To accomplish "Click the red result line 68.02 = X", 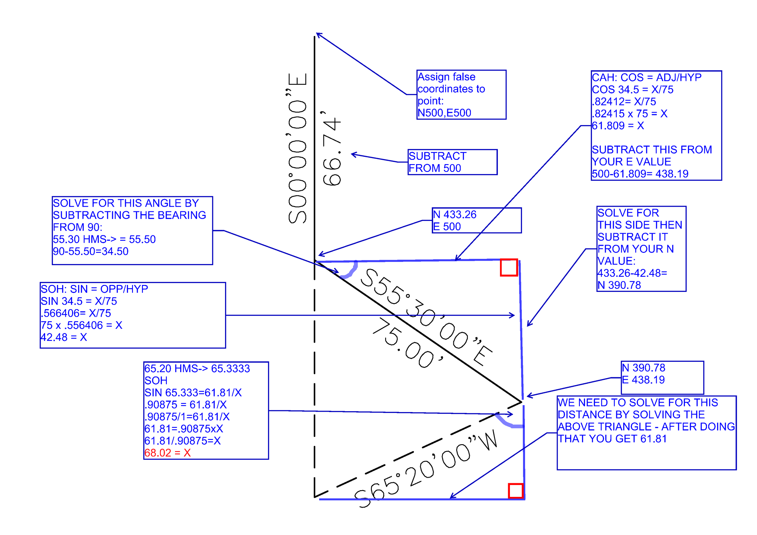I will point(167,453).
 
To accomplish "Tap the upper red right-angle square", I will point(509,267).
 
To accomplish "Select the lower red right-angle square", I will point(516,491).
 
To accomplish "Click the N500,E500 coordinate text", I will point(444,113).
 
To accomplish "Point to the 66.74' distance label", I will point(332,148).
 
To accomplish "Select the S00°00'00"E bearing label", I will point(297,148).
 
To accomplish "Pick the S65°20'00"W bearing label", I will point(425,468).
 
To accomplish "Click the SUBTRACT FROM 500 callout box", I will point(452,162).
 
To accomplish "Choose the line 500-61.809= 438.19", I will point(640,174).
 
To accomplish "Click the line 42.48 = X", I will point(64,337).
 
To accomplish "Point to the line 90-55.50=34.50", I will point(91,252).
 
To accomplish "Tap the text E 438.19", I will point(643,380).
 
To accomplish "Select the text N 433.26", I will point(455,215).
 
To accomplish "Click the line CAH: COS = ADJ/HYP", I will point(646,78).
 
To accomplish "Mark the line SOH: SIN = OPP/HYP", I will point(94,289).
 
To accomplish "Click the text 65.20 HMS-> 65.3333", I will point(197,368).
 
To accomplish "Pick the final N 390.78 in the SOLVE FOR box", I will point(619,285).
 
